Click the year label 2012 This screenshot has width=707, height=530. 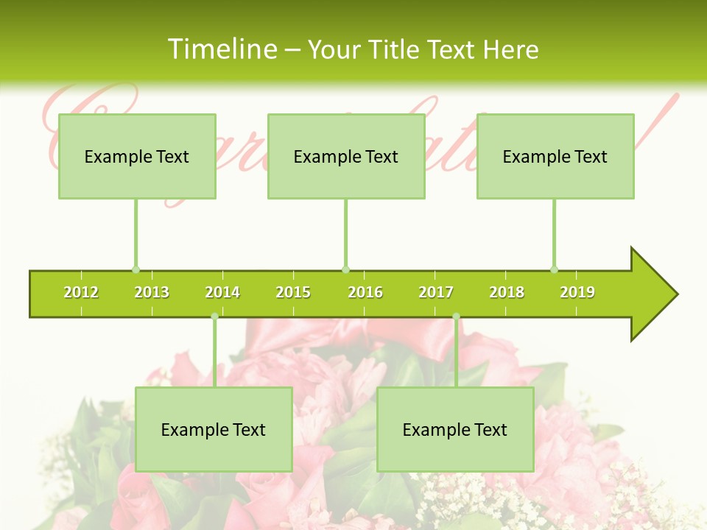pos(81,292)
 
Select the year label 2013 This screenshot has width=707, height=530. pos(152,292)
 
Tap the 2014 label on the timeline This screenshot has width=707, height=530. pos(222,292)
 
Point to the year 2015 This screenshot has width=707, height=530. pos(293,292)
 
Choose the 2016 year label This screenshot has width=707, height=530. pos(365,292)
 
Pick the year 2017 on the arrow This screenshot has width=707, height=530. pos(436,292)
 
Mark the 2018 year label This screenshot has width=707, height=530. pos(507,292)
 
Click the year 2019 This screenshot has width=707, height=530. pos(577,292)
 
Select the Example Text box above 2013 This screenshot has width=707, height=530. pos(137,157)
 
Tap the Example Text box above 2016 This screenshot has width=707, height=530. pos(346,157)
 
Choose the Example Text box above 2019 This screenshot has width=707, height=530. pos(555,157)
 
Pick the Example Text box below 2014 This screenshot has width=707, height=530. pos(214,430)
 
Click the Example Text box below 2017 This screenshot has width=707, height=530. pos(455,430)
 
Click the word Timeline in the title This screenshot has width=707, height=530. pos(223,49)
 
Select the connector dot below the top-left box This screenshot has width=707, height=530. pos(136,269)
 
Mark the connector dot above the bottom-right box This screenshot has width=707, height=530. pos(456,317)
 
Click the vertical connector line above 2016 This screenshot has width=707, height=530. pos(345,232)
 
